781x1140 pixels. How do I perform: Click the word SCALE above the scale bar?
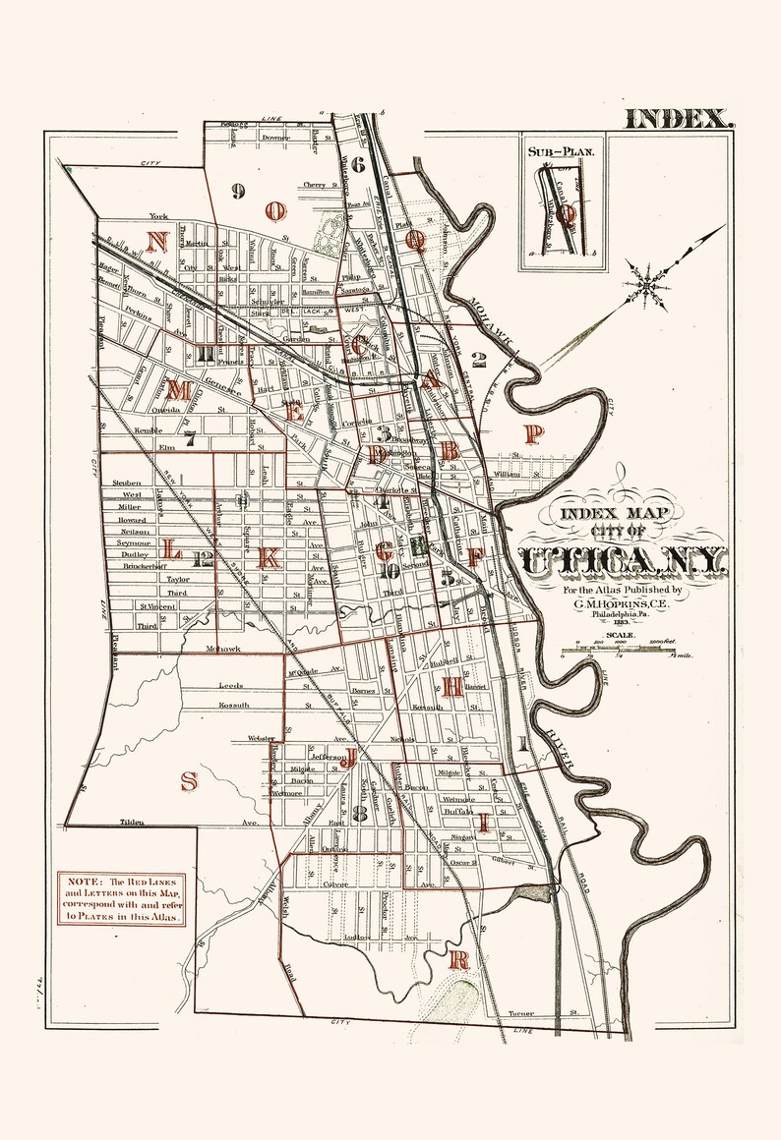pyautogui.click(x=622, y=636)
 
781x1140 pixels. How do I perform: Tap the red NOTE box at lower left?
pyautogui.click(x=120, y=896)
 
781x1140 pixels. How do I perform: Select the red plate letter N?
pyautogui.click(x=155, y=243)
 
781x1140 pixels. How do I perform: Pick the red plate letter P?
pyautogui.click(x=533, y=433)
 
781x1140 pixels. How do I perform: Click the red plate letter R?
pyautogui.click(x=456, y=959)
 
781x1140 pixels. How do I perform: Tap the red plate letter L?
pyautogui.click(x=171, y=550)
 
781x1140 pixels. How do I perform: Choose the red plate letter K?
pyautogui.click(x=267, y=557)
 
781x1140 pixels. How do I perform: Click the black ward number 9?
pyautogui.click(x=238, y=191)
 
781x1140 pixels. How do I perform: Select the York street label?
pyautogui.click(x=152, y=215)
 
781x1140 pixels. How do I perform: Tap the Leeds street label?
pyautogui.click(x=230, y=684)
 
